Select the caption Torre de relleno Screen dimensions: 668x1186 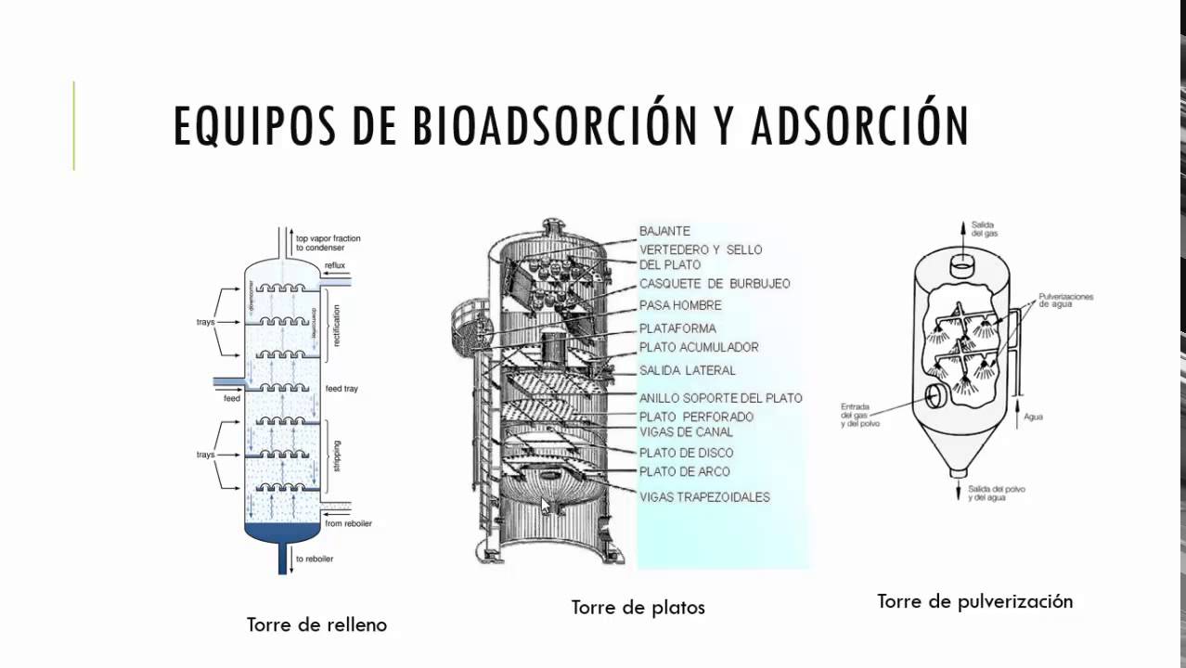point(316,624)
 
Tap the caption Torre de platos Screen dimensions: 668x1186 point(638,608)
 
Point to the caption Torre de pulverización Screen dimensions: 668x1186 point(974,601)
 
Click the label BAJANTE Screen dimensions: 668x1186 point(664,231)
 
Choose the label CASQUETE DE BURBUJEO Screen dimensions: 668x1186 point(715,283)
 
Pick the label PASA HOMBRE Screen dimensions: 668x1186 point(680,305)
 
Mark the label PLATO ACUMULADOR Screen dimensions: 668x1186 point(699,347)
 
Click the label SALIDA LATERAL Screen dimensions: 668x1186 point(687,370)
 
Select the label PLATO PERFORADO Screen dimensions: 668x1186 point(696,417)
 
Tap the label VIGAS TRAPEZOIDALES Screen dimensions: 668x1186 point(704,497)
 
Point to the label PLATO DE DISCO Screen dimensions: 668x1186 point(686,453)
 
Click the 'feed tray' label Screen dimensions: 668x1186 point(342,389)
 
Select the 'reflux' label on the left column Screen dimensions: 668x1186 point(334,266)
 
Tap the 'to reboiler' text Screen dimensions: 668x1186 point(314,559)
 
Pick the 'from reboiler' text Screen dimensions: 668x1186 point(348,523)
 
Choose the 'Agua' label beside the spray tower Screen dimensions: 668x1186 point(1033,417)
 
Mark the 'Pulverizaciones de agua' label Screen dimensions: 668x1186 point(1066,301)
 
